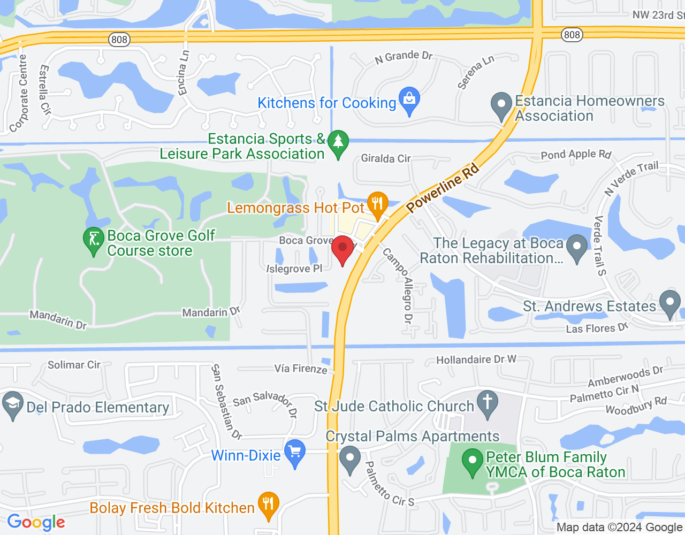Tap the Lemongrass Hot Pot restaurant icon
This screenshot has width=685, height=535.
point(378,204)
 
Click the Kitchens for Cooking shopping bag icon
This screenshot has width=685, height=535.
point(409,100)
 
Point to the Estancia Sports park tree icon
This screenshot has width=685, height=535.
point(338,143)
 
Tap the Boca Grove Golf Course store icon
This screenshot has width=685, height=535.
point(94,240)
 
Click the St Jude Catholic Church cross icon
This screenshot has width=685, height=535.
point(487,403)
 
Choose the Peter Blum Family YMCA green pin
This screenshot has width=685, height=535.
point(472,461)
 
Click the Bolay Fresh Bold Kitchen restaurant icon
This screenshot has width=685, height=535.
point(268,505)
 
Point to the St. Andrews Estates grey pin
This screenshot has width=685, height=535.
point(669,303)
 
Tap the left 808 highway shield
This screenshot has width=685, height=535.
point(119,40)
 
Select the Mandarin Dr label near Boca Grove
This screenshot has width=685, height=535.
point(211,312)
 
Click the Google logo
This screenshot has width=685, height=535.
point(36,522)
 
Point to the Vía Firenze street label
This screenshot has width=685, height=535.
point(301,369)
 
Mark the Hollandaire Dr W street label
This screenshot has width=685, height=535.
point(476,360)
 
